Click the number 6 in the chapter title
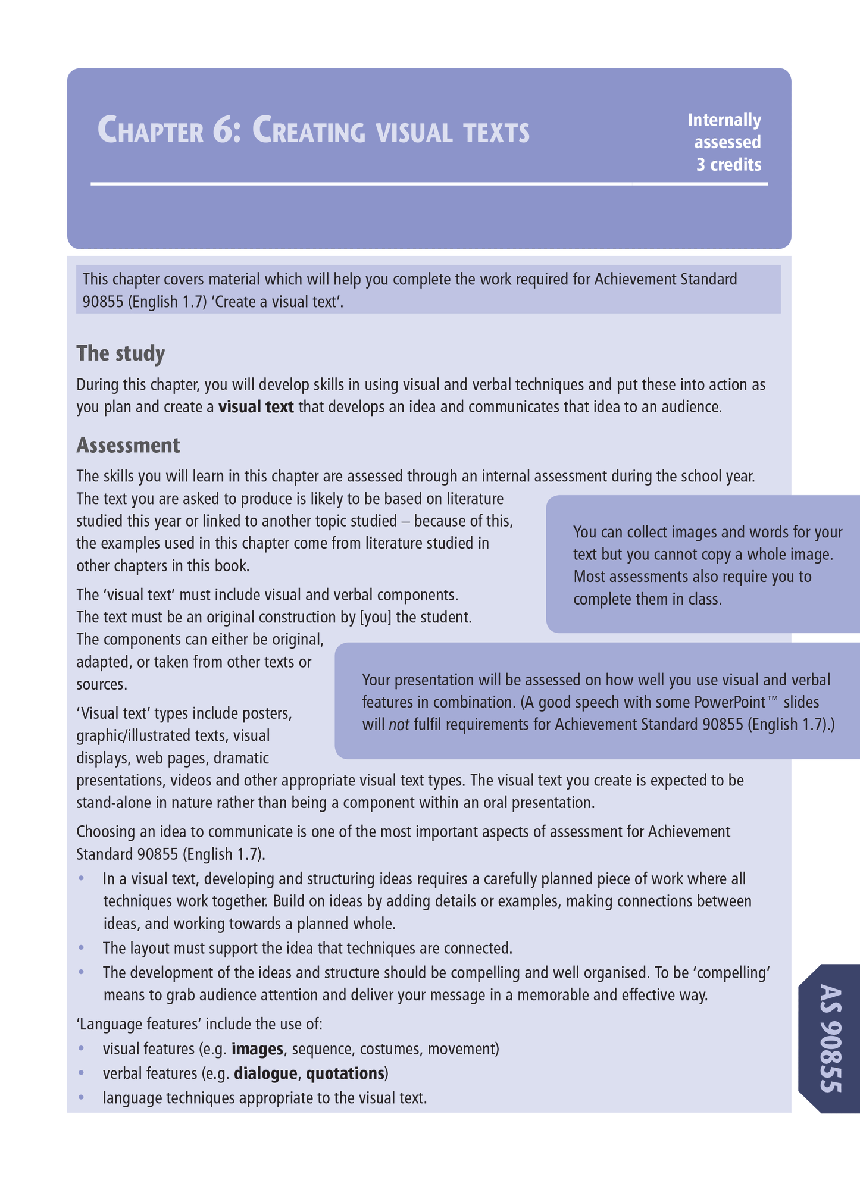click(221, 131)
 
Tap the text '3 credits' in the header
click(728, 165)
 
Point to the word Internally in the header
click(724, 120)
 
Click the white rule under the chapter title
click(429, 184)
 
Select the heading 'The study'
click(120, 353)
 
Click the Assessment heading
click(128, 445)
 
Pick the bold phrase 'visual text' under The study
click(256, 408)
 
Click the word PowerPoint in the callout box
click(734, 702)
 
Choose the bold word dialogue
click(265, 1073)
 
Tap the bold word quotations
click(345, 1073)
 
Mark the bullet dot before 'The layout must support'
click(82, 947)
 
